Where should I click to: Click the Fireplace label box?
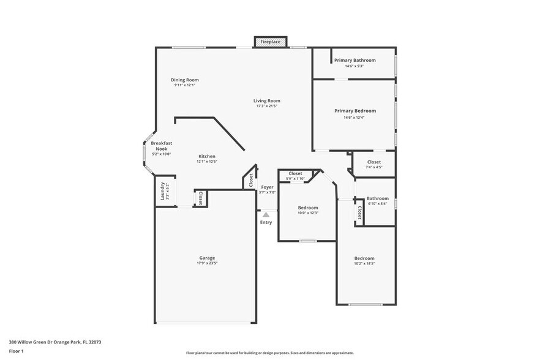(x=271, y=42)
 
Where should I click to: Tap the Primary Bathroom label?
(x=354, y=60)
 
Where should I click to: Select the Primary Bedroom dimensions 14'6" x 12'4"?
(x=354, y=118)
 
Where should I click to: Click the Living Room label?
(x=267, y=101)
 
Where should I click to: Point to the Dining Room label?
(x=184, y=80)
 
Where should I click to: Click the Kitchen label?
(x=206, y=157)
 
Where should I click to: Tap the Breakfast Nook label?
(x=162, y=146)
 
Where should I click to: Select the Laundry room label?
(x=163, y=191)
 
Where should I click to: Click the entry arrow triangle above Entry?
(x=266, y=215)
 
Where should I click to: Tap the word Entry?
(x=266, y=222)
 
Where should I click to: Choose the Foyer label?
(x=267, y=187)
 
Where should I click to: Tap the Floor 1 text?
(x=16, y=351)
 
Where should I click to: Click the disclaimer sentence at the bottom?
(x=269, y=353)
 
